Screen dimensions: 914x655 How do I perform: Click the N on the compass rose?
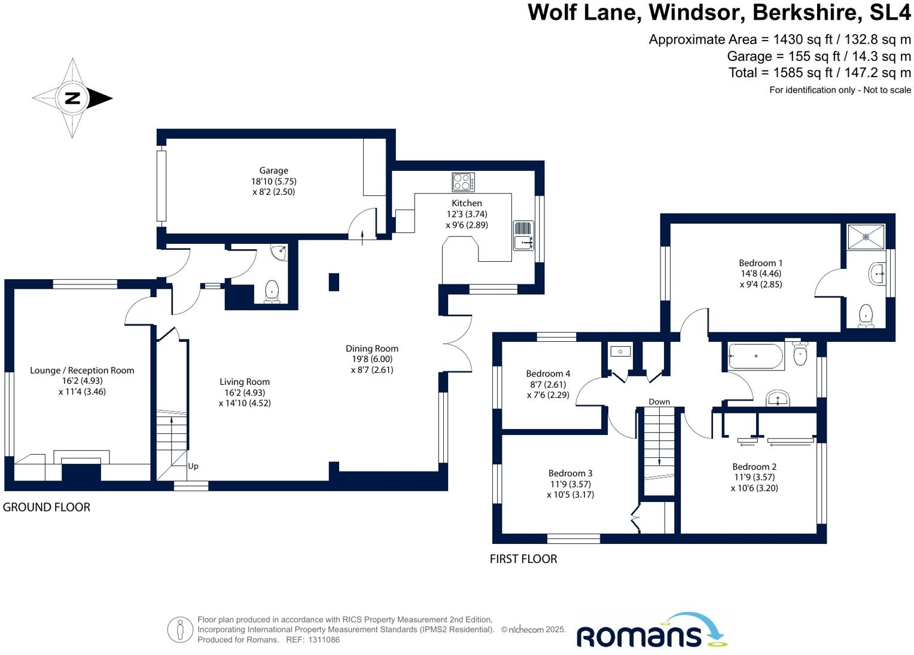(72, 98)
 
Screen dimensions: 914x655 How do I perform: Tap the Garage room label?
(273, 170)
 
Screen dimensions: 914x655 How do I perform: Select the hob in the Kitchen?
(463, 182)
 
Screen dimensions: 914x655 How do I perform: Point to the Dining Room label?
(371, 348)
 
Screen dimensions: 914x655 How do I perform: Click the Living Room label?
(244, 382)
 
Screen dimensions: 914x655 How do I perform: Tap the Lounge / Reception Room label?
(82, 371)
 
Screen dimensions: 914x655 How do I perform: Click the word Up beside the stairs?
(193, 466)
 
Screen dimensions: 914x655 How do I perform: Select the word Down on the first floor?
(659, 402)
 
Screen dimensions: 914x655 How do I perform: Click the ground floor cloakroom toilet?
(272, 292)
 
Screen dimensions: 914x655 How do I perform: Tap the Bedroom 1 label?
(760, 263)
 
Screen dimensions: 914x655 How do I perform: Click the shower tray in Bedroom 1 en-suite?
(866, 237)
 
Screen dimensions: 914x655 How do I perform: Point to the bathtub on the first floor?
(755, 356)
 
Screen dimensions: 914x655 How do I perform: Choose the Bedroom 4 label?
(548, 374)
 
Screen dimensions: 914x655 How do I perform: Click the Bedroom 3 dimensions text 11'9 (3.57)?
(570, 484)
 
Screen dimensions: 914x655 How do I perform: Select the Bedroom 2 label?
(754, 467)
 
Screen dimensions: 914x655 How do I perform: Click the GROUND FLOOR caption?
(47, 507)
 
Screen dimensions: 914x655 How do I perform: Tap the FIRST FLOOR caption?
(523, 559)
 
